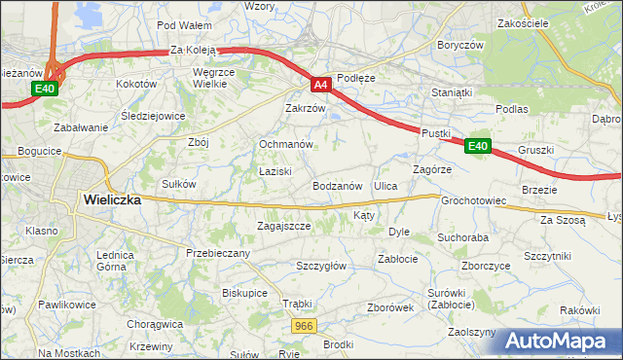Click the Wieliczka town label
click(112, 199)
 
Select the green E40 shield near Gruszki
click(477, 146)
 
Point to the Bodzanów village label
click(338, 185)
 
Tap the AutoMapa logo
click(563, 341)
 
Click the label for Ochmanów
click(285, 144)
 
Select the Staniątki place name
click(452, 92)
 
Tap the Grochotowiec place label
click(474, 201)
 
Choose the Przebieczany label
click(218, 253)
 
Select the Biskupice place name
click(244, 292)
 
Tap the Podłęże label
click(355, 77)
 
